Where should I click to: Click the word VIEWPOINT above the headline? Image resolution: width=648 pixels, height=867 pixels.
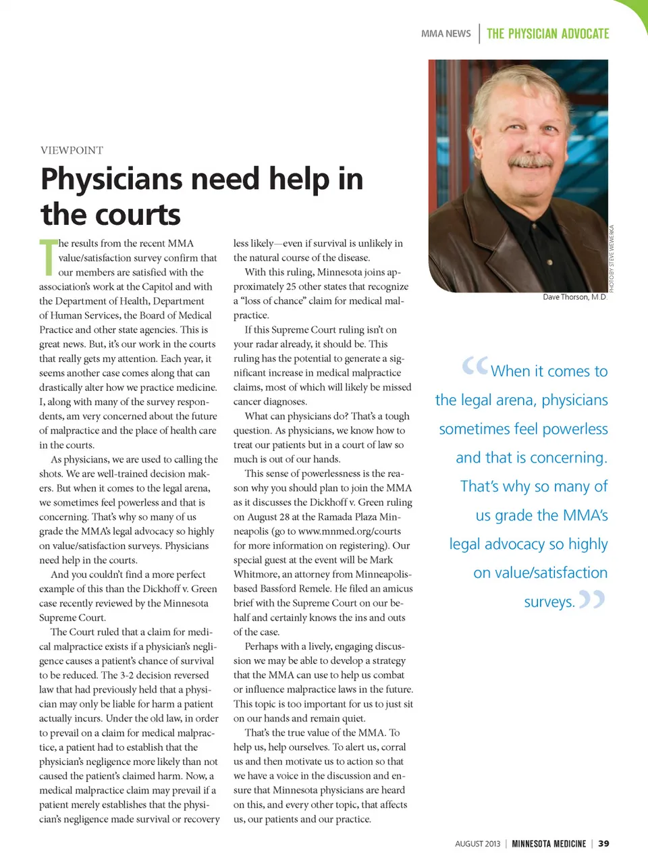(x=72, y=151)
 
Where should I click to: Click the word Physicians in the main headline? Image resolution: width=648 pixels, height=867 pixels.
(x=111, y=180)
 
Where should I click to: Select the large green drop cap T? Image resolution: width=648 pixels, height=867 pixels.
(x=48, y=257)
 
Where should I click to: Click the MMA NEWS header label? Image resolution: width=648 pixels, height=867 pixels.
(x=446, y=34)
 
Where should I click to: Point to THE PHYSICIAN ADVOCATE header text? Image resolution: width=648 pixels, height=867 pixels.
(x=547, y=34)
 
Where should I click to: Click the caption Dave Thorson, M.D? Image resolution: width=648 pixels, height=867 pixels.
(x=574, y=297)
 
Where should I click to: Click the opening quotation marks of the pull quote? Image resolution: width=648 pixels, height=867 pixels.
(x=475, y=367)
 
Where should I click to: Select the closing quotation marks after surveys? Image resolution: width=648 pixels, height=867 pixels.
(x=591, y=599)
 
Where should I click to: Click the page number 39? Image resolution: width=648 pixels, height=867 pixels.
(x=603, y=843)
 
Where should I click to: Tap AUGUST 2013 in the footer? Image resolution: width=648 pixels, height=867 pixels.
(x=477, y=844)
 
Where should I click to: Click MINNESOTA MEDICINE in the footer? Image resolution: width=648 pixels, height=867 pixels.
(x=549, y=844)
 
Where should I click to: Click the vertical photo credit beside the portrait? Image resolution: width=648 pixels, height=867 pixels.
(x=612, y=259)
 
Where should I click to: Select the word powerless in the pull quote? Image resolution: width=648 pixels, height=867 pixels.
(x=575, y=429)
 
